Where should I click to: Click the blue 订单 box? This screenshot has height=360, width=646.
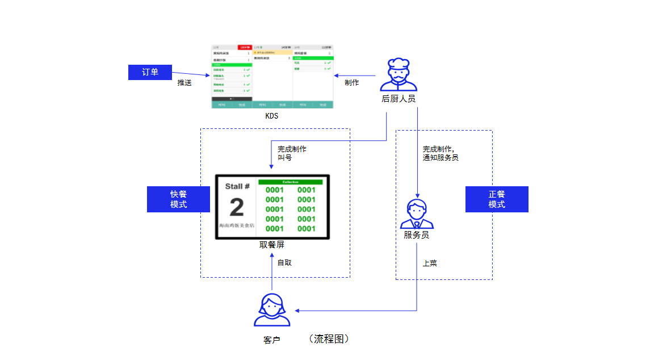[150, 72]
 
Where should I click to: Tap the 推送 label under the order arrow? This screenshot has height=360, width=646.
[184, 83]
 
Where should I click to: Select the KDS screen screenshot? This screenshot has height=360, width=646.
[272, 76]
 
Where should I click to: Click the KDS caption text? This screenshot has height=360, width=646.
[272, 116]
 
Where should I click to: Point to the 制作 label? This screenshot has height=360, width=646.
[352, 83]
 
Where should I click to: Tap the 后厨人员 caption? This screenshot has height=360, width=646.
[398, 99]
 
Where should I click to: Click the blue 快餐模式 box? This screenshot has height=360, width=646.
[178, 199]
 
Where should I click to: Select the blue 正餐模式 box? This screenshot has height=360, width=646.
[497, 199]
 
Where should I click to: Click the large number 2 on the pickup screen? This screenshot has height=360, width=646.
[237, 208]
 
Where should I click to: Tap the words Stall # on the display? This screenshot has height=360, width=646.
[237, 186]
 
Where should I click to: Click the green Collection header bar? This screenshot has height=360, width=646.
[291, 182]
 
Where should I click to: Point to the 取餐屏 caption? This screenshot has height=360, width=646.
[272, 245]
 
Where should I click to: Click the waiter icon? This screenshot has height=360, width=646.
[417, 214]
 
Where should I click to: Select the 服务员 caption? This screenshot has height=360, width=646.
[417, 235]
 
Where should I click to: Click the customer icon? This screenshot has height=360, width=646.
[272, 310]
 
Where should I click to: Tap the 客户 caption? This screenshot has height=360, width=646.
[272, 340]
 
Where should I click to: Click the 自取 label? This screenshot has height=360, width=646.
[284, 263]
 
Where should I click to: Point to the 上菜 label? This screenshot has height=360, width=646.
[430, 263]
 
